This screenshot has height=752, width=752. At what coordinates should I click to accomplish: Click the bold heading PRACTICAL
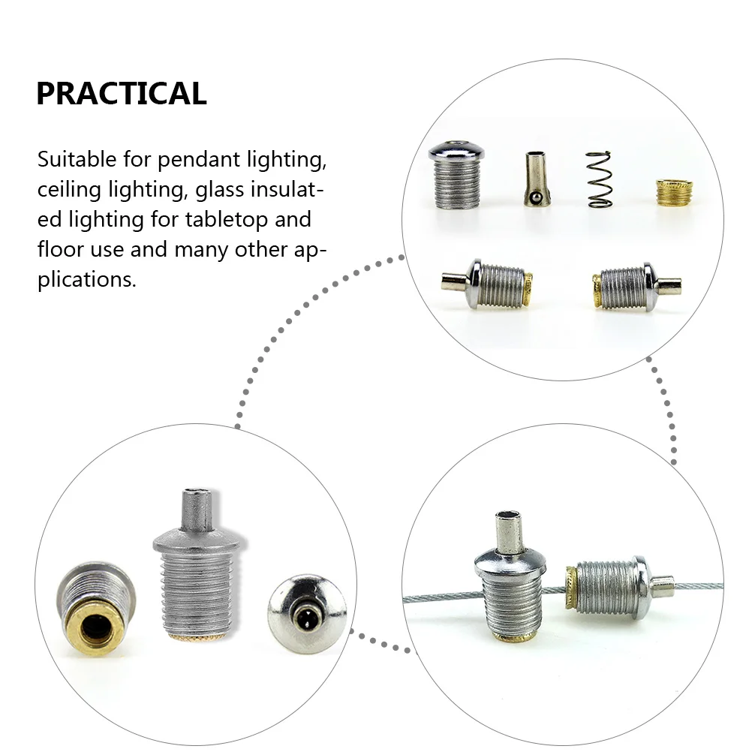(x=122, y=93)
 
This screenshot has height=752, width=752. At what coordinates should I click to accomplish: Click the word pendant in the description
(x=199, y=161)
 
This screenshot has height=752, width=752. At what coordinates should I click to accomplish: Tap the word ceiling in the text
(x=69, y=190)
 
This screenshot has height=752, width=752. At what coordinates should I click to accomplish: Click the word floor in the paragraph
(x=61, y=249)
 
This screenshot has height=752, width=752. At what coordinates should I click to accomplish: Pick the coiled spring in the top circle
(x=599, y=179)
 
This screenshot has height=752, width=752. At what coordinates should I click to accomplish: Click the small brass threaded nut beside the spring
(x=674, y=196)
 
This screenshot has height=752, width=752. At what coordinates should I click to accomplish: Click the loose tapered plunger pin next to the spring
(x=537, y=179)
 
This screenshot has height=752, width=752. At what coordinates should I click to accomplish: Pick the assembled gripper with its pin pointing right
(x=636, y=287)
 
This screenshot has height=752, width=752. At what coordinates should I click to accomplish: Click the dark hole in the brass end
(x=95, y=630)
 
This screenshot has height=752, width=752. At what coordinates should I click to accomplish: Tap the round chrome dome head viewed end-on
(x=307, y=615)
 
